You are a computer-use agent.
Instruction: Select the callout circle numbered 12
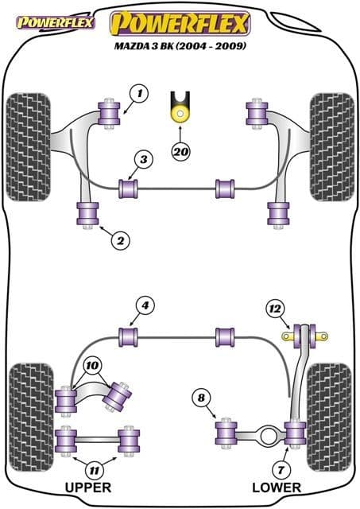coord(274,308)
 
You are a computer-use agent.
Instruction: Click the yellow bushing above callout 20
coord(181,111)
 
